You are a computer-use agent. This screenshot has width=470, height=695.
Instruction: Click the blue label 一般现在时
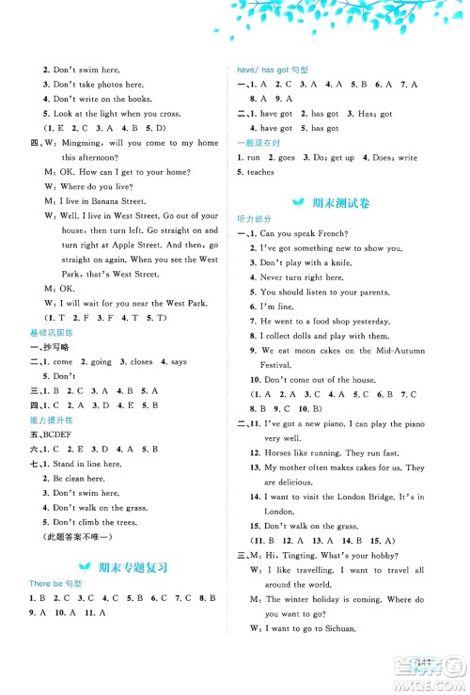click(257, 142)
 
